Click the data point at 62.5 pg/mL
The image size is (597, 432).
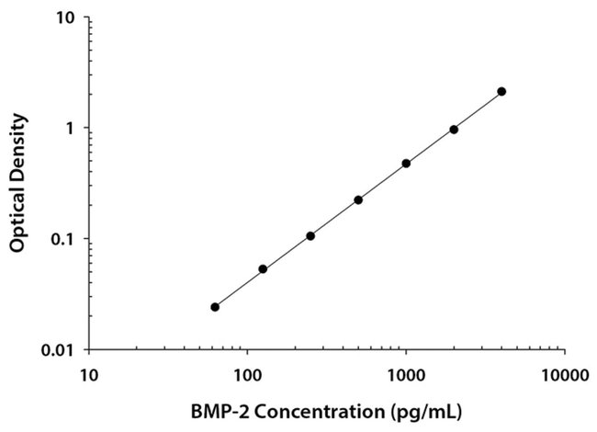[x=215, y=307]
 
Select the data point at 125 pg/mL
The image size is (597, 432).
[x=263, y=269]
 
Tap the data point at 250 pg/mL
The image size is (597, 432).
[x=310, y=236]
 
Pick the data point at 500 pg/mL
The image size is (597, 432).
[x=358, y=199]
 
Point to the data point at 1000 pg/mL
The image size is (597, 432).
[x=406, y=164]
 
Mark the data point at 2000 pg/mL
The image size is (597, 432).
[x=454, y=130]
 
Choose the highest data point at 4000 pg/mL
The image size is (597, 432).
[x=501, y=91]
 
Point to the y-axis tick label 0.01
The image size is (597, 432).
[x=59, y=350]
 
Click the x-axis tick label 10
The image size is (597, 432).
[x=88, y=375]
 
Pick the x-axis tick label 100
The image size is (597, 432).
[x=246, y=375]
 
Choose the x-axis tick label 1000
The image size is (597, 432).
[x=405, y=375]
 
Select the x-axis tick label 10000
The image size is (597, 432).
[x=564, y=375]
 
